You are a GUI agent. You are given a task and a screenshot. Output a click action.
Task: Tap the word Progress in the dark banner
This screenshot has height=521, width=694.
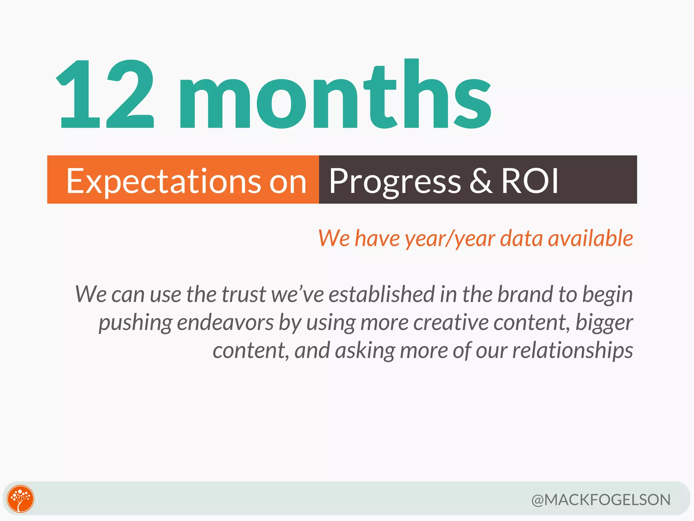tap(395, 181)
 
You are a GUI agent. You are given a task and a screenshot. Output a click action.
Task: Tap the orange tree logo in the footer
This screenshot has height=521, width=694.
tap(21, 499)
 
